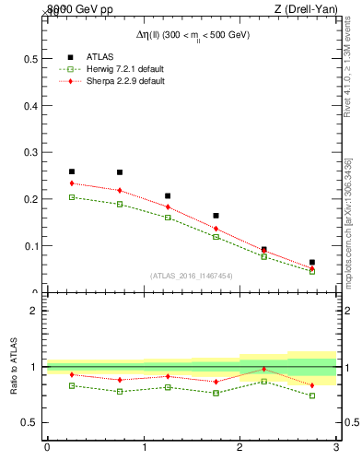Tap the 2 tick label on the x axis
pos(239,448)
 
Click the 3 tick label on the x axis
pos(336,448)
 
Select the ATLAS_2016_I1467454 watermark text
pos(192,276)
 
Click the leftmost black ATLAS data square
pos(71,171)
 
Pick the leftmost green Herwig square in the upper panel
pos(71,197)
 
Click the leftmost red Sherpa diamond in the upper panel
pos(71,183)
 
